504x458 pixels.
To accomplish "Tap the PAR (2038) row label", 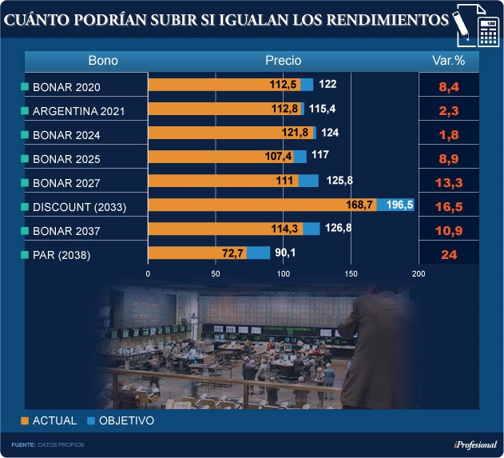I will pos(62,256).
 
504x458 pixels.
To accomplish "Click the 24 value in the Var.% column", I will pos(448,256).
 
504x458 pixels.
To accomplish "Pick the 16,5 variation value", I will pos(448,208).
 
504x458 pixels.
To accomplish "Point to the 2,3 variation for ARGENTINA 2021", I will pos(448,110).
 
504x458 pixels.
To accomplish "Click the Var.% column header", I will pos(448,61).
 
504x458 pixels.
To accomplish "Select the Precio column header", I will pos(283,61).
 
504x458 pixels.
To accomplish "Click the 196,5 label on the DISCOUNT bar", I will pos(399,205).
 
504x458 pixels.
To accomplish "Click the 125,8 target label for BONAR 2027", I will pos(339,181).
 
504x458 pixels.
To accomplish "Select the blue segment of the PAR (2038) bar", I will pos(259,253).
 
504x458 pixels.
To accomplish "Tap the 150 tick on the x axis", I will pos(351,273).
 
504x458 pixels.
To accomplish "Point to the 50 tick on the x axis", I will pos(216,273).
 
